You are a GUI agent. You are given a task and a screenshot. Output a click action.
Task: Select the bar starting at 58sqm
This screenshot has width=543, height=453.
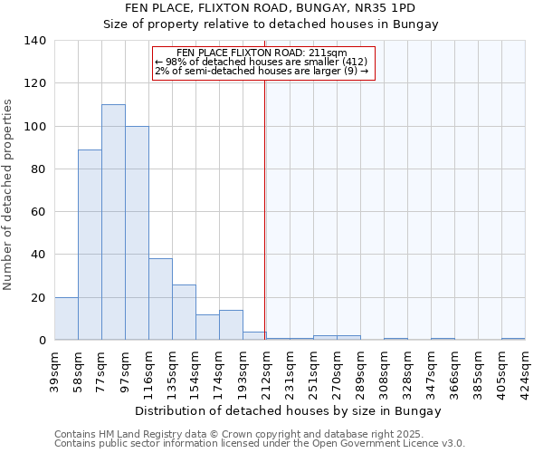(90, 245)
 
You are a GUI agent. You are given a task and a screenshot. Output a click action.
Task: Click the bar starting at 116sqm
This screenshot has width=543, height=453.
(160, 299)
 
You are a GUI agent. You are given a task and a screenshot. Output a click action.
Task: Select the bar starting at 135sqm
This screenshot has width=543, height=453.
(184, 313)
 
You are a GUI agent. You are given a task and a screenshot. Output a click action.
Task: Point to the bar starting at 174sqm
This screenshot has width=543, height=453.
(231, 325)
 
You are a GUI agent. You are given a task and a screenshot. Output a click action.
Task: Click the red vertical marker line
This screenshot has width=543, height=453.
(265, 208)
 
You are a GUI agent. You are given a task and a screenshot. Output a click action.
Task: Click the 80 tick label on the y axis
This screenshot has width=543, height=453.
(39, 169)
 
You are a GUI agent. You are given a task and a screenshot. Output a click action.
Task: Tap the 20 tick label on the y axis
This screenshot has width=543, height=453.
(39, 298)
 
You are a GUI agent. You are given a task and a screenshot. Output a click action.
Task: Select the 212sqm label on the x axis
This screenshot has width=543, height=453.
(266, 370)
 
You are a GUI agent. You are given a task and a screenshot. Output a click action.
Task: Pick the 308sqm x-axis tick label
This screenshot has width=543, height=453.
(385, 370)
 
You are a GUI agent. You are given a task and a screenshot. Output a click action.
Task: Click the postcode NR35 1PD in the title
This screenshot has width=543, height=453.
(384, 8)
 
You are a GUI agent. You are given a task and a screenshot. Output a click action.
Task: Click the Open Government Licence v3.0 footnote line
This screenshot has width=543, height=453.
(260, 443)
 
